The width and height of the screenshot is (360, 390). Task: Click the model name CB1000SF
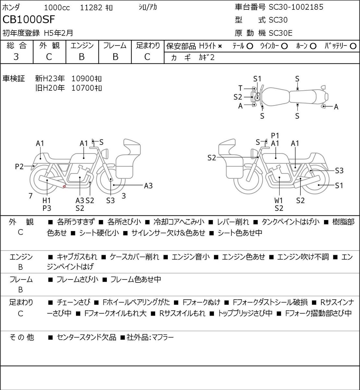click(x=29, y=19)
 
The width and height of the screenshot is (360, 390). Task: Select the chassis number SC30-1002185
click(x=296, y=7)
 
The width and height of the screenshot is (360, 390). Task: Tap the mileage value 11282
click(x=91, y=8)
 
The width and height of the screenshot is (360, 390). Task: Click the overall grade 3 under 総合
click(x=16, y=57)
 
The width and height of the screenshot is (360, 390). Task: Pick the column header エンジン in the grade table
click(x=82, y=45)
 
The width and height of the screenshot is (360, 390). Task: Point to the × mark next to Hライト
click(x=220, y=46)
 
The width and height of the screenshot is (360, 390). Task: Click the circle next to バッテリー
click(x=353, y=46)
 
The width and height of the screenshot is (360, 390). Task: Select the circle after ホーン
click(x=313, y=46)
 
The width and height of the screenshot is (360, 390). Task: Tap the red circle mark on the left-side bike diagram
click(x=64, y=186)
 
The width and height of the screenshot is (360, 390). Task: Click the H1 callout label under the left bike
click(x=47, y=201)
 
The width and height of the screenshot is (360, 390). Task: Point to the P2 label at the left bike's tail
click(x=19, y=166)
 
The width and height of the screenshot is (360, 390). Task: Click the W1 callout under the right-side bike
click(x=279, y=201)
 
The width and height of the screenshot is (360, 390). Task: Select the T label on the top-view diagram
click(x=240, y=88)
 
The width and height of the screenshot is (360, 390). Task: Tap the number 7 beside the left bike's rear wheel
click(x=31, y=196)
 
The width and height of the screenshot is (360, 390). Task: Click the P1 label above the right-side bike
click(x=275, y=136)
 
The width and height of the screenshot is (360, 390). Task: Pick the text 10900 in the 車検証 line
click(x=82, y=79)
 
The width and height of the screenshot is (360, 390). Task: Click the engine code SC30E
click(x=280, y=33)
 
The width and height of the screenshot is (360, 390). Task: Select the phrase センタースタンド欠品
click(x=87, y=337)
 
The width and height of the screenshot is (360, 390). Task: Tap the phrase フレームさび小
click(x=77, y=279)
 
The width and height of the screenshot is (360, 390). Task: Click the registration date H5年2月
click(x=58, y=33)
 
